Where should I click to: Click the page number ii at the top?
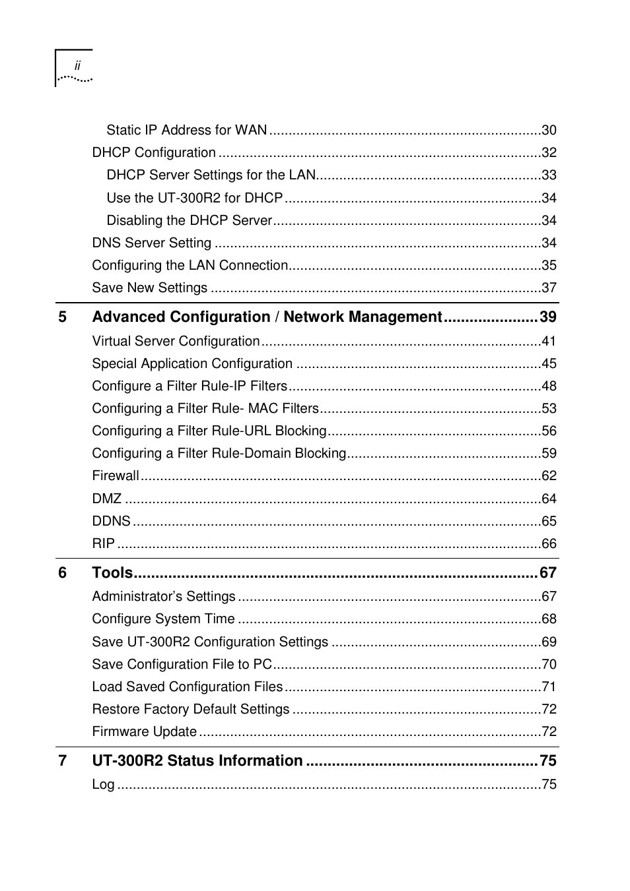pos(77,66)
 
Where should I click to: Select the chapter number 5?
pos(62,317)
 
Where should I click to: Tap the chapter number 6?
pos(62,572)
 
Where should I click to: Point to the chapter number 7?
pos(62,760)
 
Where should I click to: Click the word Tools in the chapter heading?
pos(112,572)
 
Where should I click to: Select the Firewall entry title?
pos(116,476)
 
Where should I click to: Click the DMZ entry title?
pos(106,499)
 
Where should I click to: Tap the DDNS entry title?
pos(111,521)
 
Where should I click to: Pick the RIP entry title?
pos(103,543)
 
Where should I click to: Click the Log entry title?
pos(103,784)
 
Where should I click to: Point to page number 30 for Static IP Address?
pos(549,130)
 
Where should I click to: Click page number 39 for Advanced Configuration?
pos(547,317)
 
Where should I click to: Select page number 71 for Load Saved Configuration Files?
pos(549,687)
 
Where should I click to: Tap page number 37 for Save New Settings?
pos(549,288)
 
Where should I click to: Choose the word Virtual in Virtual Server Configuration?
pos(112,341)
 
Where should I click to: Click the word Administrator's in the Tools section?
pos(137,596)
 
